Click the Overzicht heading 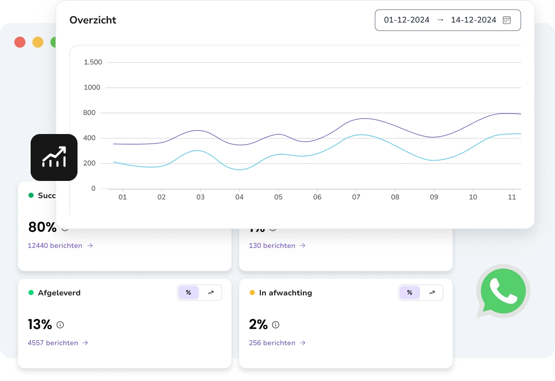coord(93,20)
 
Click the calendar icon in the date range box coord(507,20)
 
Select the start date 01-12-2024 coord(407,20)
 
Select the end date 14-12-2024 coord(473,20)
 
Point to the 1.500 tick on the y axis coord(93,62)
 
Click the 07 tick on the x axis coord(356,197)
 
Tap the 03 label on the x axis coord(200,197)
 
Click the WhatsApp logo coord(503,291)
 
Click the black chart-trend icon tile coord(54,157)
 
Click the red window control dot coord(20,42)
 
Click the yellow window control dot coord(38,42)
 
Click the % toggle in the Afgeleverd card coord(189,293)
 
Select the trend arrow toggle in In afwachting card coord(432,293)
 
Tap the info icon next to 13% coord(60,325)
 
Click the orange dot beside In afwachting coord(252,293)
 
